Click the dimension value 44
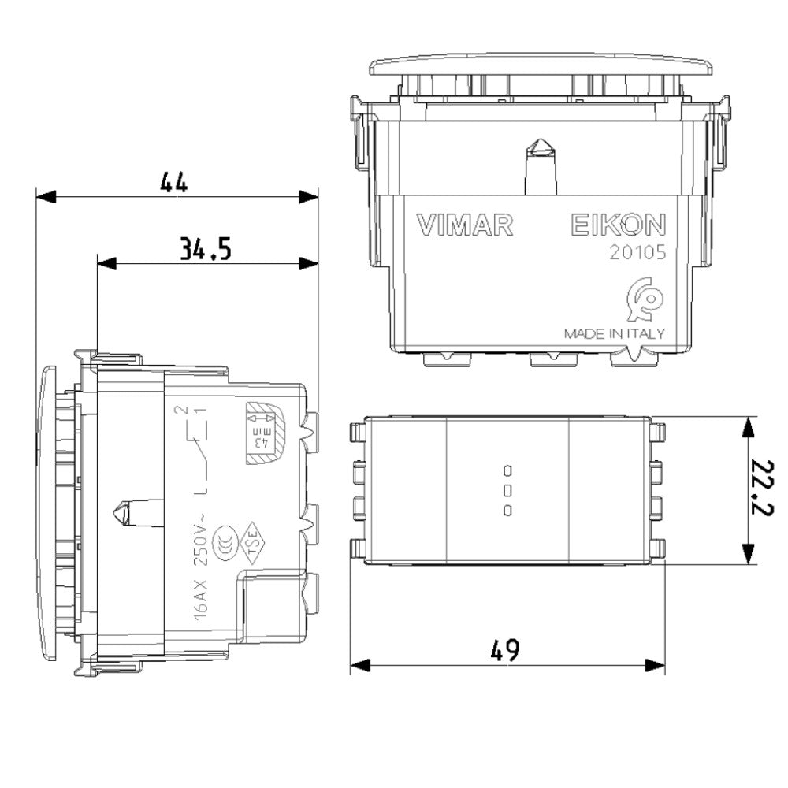[174, 182]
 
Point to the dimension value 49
[504, 650]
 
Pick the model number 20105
[637, 254]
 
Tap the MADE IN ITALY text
[614, 333]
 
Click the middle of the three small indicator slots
[507, 491]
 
